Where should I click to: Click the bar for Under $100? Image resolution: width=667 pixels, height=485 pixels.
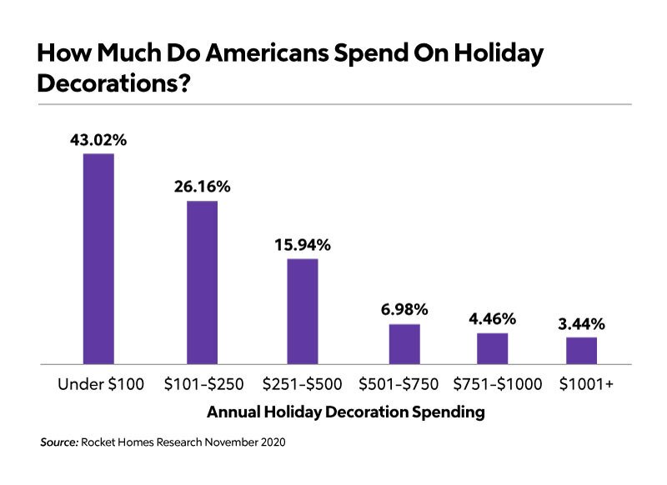tap(98, 259)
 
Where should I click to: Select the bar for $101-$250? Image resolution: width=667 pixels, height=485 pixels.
tap(202, 282)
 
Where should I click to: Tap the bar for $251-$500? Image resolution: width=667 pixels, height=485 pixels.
tap(303, 312)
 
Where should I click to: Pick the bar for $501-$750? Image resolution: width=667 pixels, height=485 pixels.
tap(404, 344)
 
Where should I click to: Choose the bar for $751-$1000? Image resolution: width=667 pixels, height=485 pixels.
tap(493, 348)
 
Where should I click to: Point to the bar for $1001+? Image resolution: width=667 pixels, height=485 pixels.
tap(581, 351)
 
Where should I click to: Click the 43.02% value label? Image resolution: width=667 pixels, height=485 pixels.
tap(98, 140)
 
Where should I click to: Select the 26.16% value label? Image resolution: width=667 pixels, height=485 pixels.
tap(202, 187)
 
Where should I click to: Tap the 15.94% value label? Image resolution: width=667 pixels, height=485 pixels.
tap(303, 245)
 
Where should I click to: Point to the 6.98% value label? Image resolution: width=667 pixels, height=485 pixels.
tap(404, 310)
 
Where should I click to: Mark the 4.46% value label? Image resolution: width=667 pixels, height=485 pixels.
tap(493, 319)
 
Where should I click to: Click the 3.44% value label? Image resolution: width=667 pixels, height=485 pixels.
tap(581, 323)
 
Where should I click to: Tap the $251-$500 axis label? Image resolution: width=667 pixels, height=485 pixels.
tap(302, 384)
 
